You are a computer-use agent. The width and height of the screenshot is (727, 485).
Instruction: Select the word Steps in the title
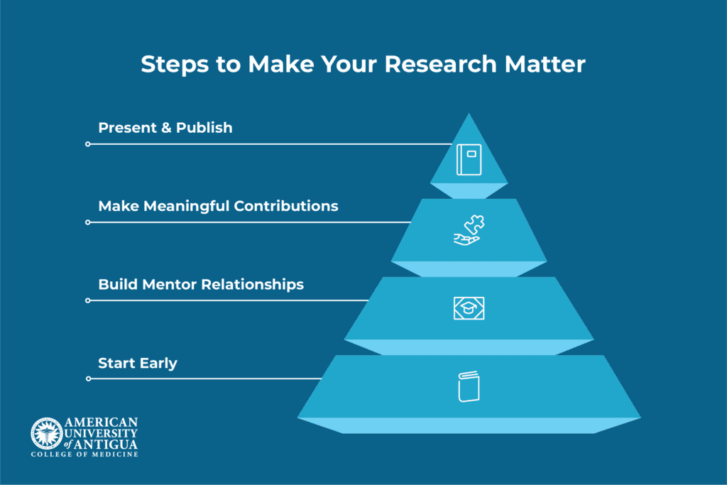(x=175, y=65)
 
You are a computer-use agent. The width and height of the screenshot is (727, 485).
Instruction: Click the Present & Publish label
(x=165, y=128)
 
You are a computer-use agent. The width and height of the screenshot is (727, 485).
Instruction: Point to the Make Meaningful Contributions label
(x=218, y=207)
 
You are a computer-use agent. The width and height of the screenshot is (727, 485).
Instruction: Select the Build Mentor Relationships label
(x=201, y=284)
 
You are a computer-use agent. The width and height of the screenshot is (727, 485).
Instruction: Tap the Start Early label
(x=137, y=363)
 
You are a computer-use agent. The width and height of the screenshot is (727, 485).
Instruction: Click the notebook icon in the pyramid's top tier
(x=469, y=160)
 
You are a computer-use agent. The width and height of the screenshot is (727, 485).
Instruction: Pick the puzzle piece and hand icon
(x=469, y=230)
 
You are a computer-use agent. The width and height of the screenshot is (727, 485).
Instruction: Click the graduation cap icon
(x=469, y=308)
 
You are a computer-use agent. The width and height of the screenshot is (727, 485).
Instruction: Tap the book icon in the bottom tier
(x=469, y=386)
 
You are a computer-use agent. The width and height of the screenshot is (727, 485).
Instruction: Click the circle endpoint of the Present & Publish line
(x=87, y=144)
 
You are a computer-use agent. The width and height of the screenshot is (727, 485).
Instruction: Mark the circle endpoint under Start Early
(x=88, y=378)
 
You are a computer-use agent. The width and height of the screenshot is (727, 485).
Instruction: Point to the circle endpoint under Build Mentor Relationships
(x=87, y=300)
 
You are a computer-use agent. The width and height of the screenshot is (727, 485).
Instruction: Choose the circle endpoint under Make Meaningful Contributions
(x=87, y=222)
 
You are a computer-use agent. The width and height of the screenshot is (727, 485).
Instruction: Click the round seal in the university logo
(x=47, y=434)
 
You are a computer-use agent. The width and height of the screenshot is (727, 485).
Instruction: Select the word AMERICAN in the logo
(x=101, y=423)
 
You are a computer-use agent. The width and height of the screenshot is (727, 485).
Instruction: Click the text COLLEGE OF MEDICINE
(x=84, y=454)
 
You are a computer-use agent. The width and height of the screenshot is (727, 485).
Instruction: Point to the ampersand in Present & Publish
(x=166, y=128)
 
